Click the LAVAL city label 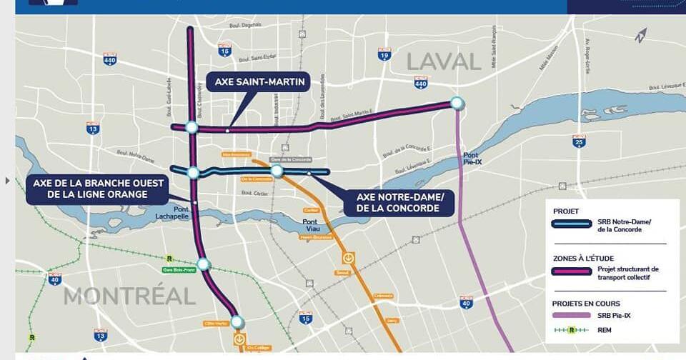point(444,61)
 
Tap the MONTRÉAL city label point(129,295)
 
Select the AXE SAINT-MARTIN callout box point(259,83)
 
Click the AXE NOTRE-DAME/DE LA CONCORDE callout point(399,203)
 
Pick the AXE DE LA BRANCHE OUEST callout point(99,189)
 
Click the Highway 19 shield point(384,54)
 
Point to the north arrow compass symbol point(640,35)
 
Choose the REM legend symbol point(572,330)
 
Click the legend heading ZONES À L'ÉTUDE point(583,257)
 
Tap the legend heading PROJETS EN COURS point(587,304)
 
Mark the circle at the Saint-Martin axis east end point(457,104)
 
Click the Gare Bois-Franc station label point(179,270)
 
